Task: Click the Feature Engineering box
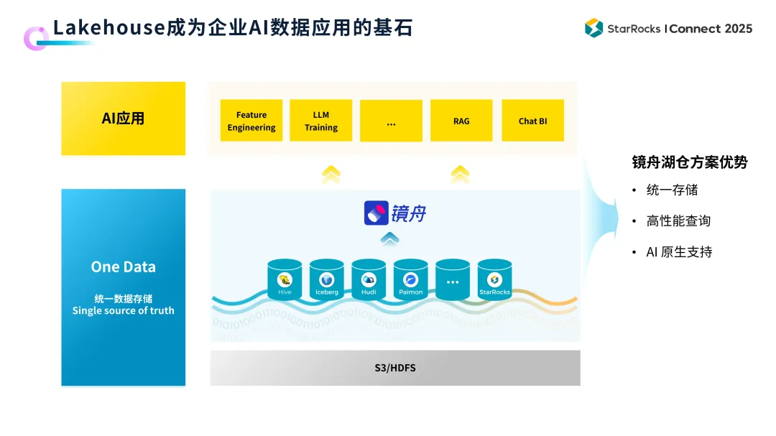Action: pyautogui.click(x=251, y=121)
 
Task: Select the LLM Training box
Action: pyautogui.click(x=320, y=121)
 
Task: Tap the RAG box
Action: pyautogui.click(x=461, y=121)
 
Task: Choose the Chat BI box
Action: pyautogui.click(x=532, y=121)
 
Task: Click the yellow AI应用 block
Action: pyautogui.click(x=123, y=119)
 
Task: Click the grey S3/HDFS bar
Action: pyautogui.click(x=395, y=368)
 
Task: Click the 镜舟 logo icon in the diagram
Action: pyautogui.click(x=376, y=213)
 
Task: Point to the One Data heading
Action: pyautogui.click(x=123, y=266)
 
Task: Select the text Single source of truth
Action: pyautogui.click(x=123, y=311)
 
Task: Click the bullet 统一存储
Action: pyautogui.click(x=672, y=190)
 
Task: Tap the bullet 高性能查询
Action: pyautogui.click(x=678, y=221)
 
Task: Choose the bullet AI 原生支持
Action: pyautogui.click(x=679, y=252)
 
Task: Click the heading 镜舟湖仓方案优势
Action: pyautogui.click(x=690, y=162)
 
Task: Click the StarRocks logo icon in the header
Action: pyautogui.click(x=593, y=28)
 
